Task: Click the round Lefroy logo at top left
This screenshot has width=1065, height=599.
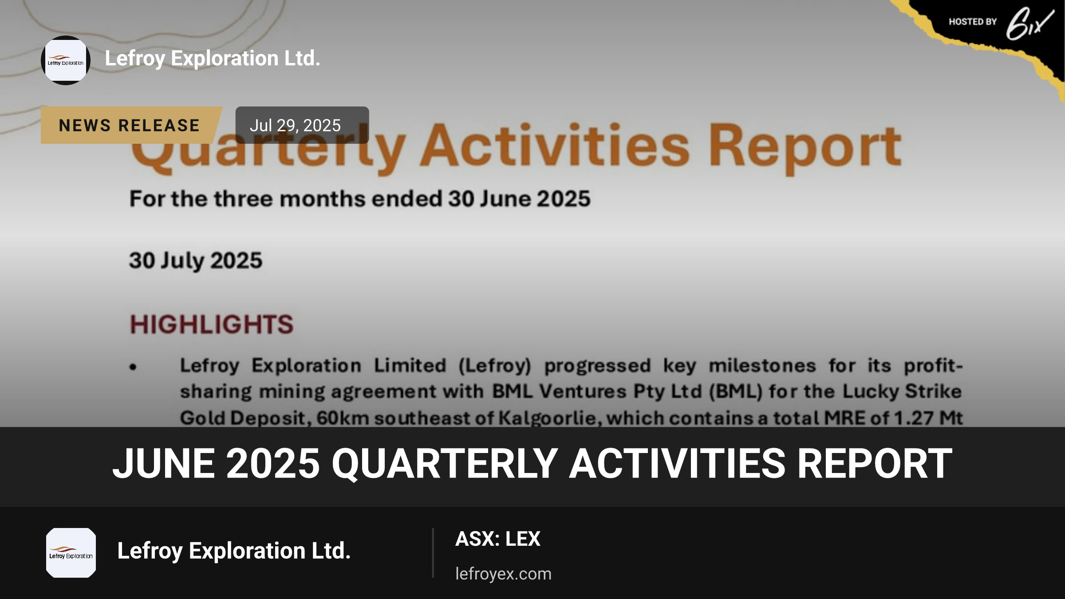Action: coord(66,60)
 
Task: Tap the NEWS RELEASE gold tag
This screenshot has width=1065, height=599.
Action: coord(131,125)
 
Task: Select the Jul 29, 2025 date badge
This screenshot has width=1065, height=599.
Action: coord(302,125)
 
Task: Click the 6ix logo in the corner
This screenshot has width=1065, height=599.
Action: coord(1029,24)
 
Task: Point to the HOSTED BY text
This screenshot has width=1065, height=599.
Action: coord(973,22)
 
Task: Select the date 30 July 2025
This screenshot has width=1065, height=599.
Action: coord(196,260)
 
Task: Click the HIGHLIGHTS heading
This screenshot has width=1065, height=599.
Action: coord(212,324)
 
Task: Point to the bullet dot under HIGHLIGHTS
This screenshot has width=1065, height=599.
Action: coord(133,367)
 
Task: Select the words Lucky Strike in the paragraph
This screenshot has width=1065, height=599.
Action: coord(902,391)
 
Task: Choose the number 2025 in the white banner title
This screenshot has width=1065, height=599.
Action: coord(273,464)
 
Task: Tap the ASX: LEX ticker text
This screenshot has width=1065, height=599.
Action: coord(498,539)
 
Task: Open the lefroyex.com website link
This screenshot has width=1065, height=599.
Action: coord(503,574)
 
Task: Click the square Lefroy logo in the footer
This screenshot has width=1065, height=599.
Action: coord(71,553)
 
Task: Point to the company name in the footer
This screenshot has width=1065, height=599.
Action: coord(234,551)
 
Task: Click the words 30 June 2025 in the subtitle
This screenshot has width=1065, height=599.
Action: coord(519,198)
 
